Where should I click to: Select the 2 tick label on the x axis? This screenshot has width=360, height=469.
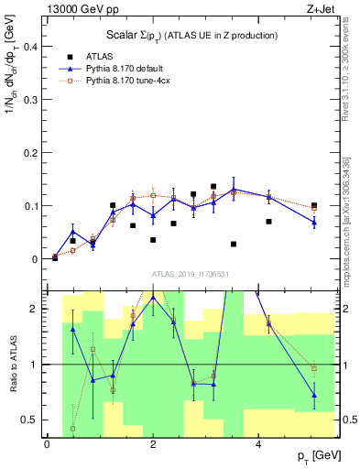click(153, 444)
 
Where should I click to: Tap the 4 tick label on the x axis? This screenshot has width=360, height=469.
click(259, 444)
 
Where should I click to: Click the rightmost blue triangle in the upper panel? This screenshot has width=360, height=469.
click(313, 222)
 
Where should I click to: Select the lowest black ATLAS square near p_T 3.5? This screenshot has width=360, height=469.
click(234, 245)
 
